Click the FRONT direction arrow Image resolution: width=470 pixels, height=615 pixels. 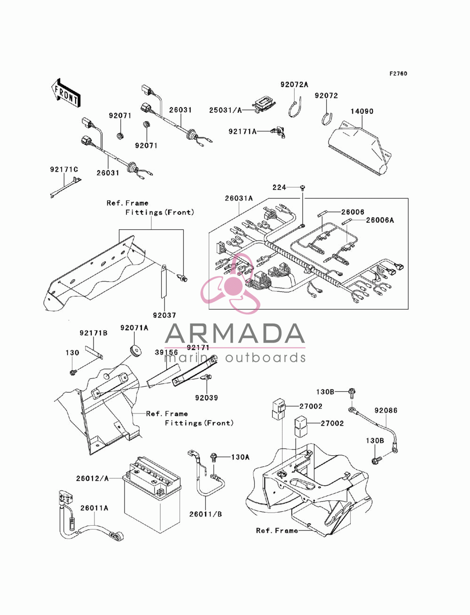[66, 93]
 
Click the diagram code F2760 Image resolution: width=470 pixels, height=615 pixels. [398, 74]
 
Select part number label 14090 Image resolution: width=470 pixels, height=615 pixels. [362, 111]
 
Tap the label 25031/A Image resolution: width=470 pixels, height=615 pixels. [225, 110]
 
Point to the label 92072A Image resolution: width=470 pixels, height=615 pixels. [294, 85]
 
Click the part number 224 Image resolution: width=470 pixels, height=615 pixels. [279, 187]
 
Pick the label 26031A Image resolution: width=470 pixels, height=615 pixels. [239, 198]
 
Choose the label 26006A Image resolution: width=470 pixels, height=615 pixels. [380, 220]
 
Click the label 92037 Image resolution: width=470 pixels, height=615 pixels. [164, 315]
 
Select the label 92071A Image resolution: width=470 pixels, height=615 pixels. [134, 327]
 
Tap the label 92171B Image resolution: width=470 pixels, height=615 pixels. [94, 333]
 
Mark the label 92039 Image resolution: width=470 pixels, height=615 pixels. [206, 397]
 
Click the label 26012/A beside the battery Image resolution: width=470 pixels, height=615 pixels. [92, 479]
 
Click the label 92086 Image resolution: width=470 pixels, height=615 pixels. [386, 411]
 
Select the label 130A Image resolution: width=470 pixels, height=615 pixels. [240, 457]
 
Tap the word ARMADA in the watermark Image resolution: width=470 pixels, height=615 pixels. [235, 334]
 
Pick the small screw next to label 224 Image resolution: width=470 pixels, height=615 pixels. [303, 187]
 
